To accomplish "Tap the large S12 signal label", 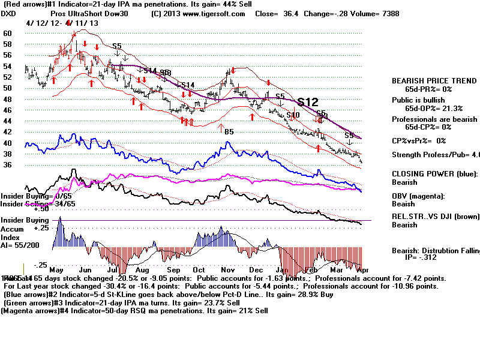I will [x=307, y=102].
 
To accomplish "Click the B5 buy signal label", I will [x=229, y=131].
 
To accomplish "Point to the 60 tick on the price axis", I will [x=7, y=34].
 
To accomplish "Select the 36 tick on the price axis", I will [x=7, y=165].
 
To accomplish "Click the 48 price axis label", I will [x=7, y=99].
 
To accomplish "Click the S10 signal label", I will [x=293, y=115].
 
